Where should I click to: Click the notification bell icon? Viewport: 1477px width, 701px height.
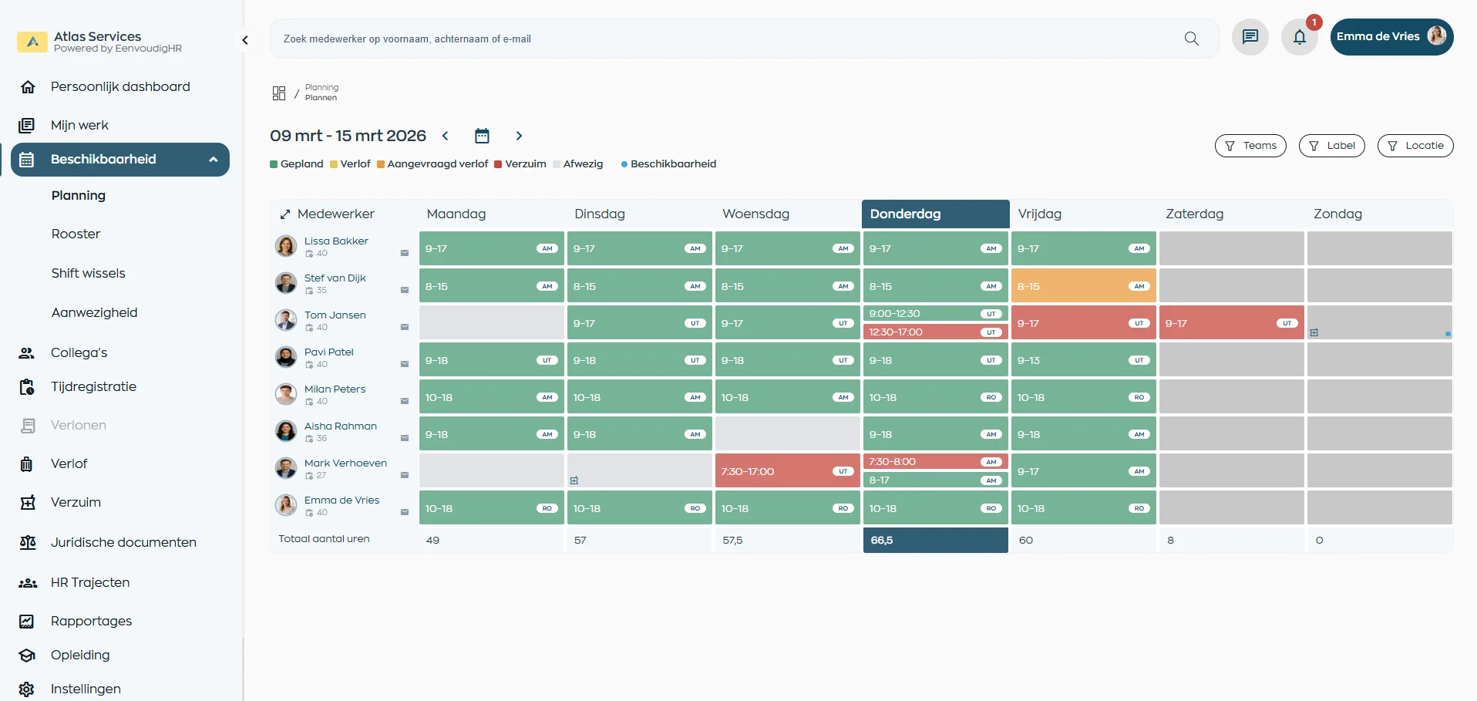tap(1300, 37)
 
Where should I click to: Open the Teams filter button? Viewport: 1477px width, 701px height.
tap(1250, 146)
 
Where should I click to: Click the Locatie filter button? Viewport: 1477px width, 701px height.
tap(1415, 146)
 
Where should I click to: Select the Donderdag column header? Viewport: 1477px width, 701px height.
tap(935, 214)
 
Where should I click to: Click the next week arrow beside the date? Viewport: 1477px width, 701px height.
tap(519, 136)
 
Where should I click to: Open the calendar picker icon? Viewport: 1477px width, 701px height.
tap(482, 136)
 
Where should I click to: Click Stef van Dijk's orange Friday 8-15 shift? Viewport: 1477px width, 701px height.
tap(1082, 286)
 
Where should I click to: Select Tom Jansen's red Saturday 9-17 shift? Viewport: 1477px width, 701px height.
tap(1230, 323)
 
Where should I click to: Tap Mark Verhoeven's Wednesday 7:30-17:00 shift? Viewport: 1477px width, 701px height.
tap(786, 471)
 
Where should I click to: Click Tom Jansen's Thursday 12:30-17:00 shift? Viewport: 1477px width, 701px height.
tap(934, 332)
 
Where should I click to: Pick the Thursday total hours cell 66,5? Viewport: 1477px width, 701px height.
tap(935, 540)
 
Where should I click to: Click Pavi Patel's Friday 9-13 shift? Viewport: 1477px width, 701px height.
tap(1082, 360)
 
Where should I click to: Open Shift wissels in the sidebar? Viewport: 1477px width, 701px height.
tap(88, 273)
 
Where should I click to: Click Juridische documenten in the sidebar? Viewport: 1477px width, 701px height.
tap(123, 542)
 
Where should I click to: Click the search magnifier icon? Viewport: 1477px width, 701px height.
tap(1191, 39)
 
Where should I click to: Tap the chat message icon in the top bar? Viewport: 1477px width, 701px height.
tap(1250, 37)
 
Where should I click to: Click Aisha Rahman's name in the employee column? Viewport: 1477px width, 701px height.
tap(341, 426)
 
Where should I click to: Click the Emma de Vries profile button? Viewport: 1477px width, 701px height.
tap(1391, 37)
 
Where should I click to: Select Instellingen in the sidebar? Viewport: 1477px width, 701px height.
tap(86, 689)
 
